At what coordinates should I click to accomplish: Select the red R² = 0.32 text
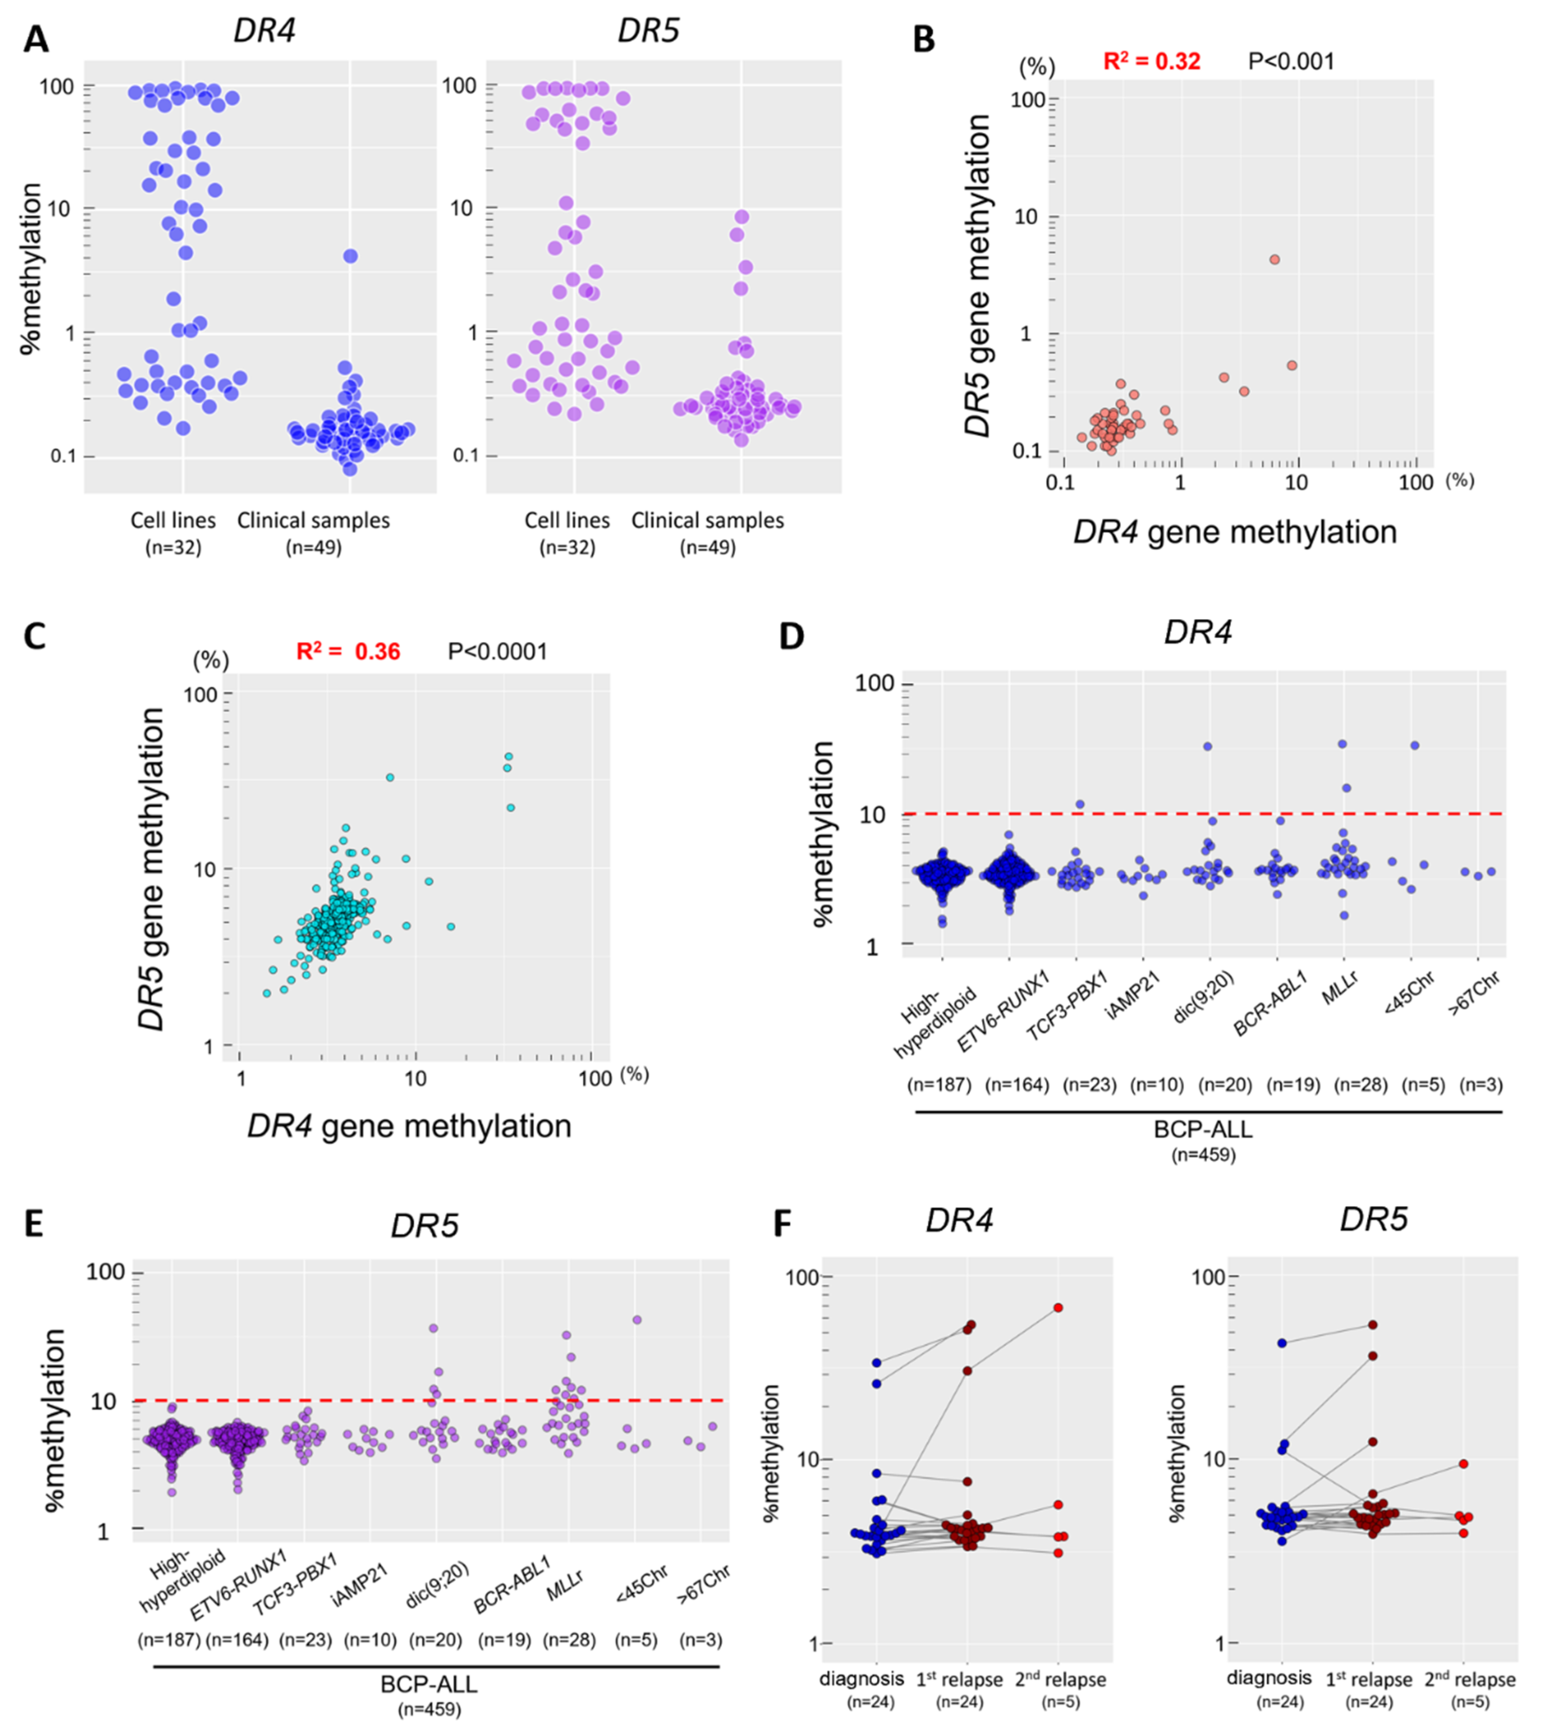point(1151,61)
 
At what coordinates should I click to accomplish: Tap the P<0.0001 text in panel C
point(497,652)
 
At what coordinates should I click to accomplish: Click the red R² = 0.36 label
point(348,652)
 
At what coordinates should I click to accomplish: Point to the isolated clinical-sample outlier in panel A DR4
point(350,256)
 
